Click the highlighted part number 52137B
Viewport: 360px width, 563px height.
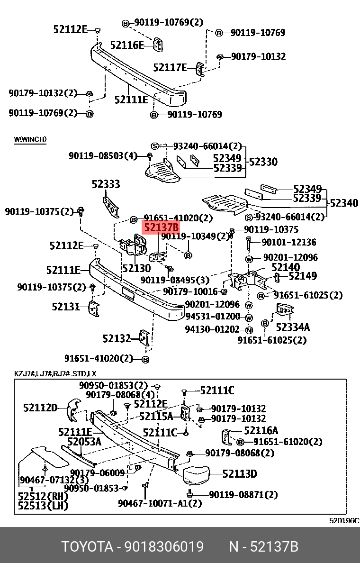click(162, 228)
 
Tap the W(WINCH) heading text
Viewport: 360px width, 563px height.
click(30, 139)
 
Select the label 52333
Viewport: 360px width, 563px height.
click(106, 184)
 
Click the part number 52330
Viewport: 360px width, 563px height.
click(263, 162)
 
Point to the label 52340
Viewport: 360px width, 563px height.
click(344, 203)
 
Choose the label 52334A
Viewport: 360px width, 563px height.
click(293, 327)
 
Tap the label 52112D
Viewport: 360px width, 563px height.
click(40, 408)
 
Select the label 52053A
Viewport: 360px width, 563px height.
click(84, 442)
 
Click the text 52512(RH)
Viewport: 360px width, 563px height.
click(43, 497)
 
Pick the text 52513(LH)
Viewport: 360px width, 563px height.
click(43, 506)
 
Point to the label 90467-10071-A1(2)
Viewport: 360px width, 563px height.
click(160, 503)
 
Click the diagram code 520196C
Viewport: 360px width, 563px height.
click(344, 520)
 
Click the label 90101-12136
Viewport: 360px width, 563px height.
click(289, 242)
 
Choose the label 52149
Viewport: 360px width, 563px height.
click(303, 276)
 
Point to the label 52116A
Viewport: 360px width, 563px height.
click(261, 430)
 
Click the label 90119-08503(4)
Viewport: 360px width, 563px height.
click(103, 155)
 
